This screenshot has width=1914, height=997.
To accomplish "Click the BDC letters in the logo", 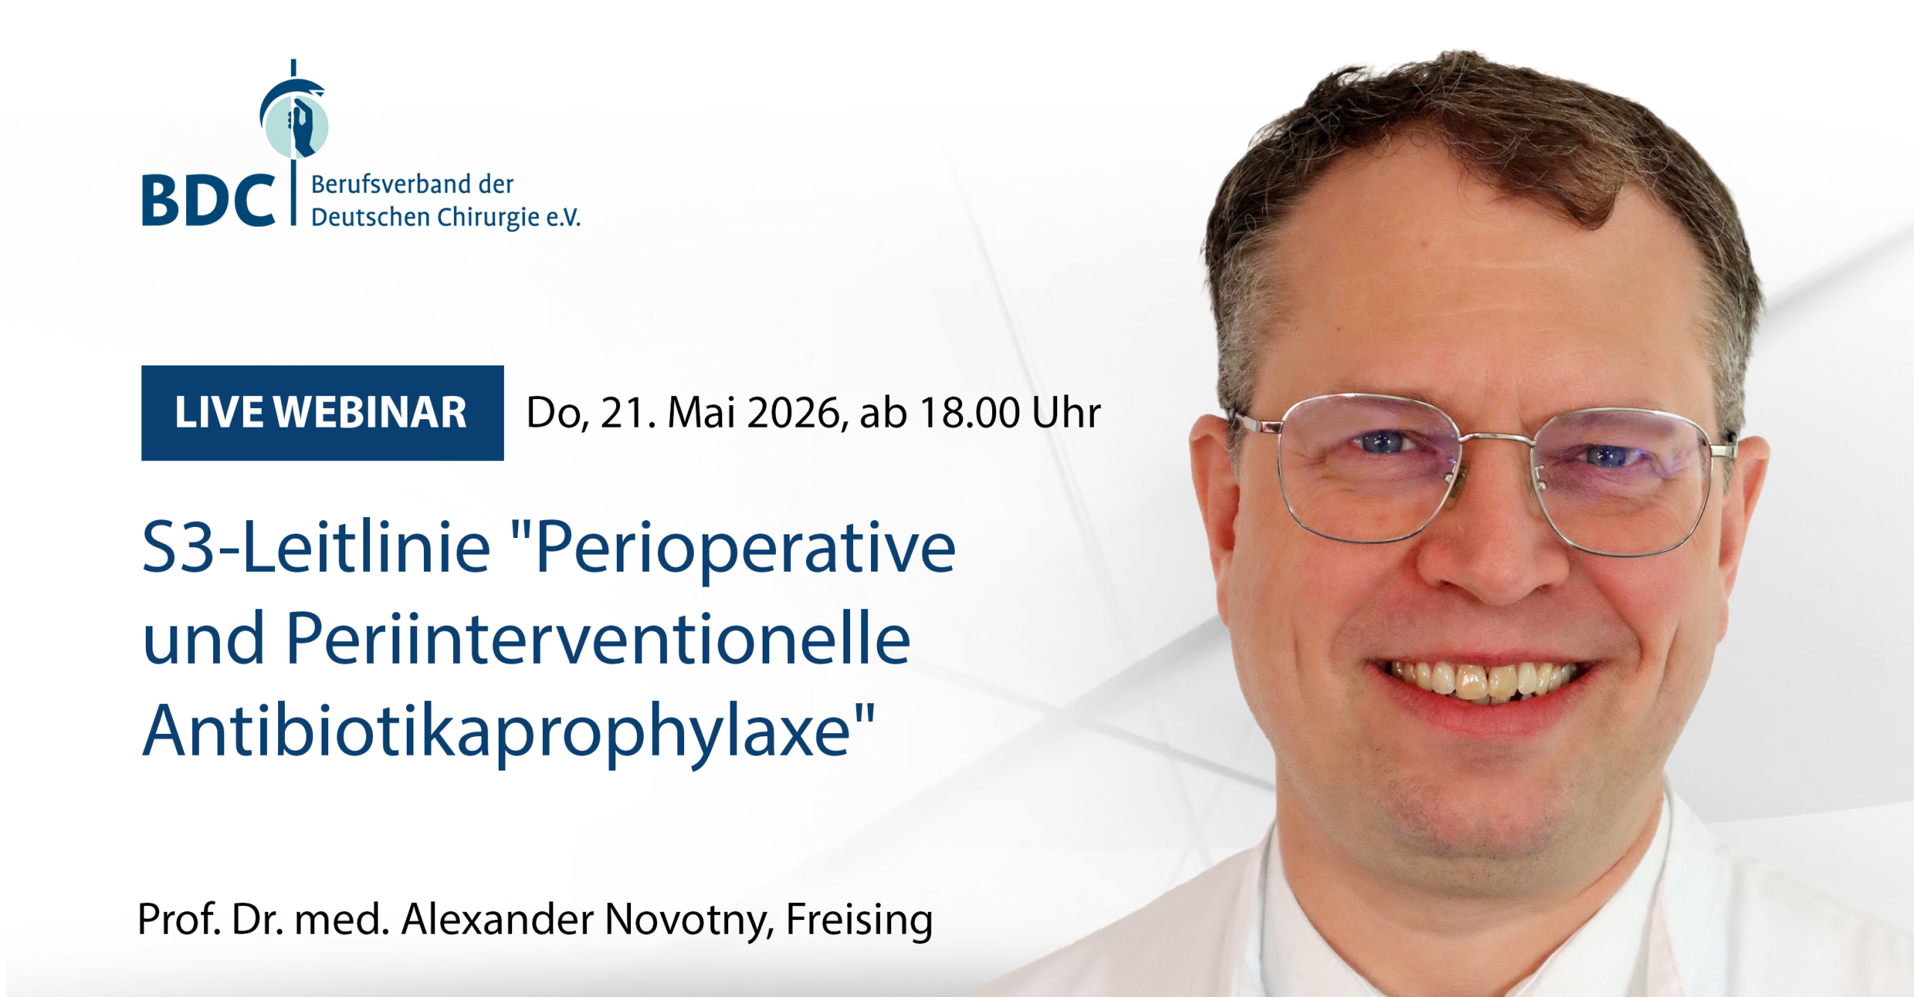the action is pos(208,200).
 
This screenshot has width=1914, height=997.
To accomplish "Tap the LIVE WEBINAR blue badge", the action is pos(322,413).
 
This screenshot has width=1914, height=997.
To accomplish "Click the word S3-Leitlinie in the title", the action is pos(316,548).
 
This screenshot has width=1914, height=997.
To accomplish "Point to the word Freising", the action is pos(859,921).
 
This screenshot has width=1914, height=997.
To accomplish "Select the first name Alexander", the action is pos(497,919).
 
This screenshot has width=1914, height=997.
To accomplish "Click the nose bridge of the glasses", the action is pos(1497,442).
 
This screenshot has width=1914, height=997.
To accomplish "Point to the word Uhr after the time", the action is pos(1066,413).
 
